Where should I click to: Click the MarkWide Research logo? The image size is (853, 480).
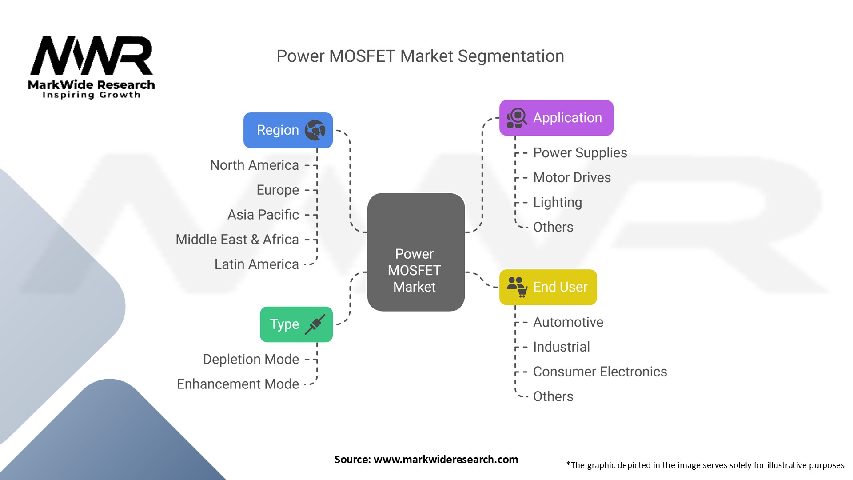pyautogui.click(x=92, y=67)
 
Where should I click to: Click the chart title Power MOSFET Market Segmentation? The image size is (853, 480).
pyautogui.click(x=420, y=56)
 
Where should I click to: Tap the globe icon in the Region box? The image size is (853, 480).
pyautogui.click(x=315, y=130)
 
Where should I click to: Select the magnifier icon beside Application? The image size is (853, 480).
pyautogui.click(x=517, y=118)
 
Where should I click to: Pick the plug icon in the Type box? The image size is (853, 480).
pyautogui.click(x=315, y=324)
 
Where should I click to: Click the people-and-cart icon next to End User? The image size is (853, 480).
pyautogui.click(x=517, y=287)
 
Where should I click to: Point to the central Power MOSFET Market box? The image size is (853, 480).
pyautogui.click(x=415, y=252)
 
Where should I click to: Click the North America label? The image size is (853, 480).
pyautogui.click(x=254, y=165)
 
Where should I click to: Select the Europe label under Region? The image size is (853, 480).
pyautogui.click(x=278, y=190)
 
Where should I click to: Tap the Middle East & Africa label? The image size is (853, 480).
pyautogui.click(x=237, y=240)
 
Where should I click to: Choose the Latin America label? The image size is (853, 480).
pyautogui.click(x=256, y=264)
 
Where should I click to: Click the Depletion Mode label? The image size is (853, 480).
pyautogui.click(x=251, y=360)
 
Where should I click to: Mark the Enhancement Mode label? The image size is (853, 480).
pyautogui.click(x=238, y=384)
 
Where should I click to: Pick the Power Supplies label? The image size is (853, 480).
pyautogui.click(x=580, y=153)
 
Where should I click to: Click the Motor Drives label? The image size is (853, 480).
pyautogui.click(x=572, y=178)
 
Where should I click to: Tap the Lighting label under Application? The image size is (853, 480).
pyautogui.click(x=557, y=203)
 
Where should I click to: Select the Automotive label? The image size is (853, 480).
pyautogui.click(x=568, y=322)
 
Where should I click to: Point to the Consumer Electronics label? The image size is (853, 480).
pyautogui.click(x=600, y=372)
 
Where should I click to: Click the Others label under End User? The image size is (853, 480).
pyautogui.click(x=553, y=396)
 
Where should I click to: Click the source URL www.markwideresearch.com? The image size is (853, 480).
pyautogui.click(x=446, y=460)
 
